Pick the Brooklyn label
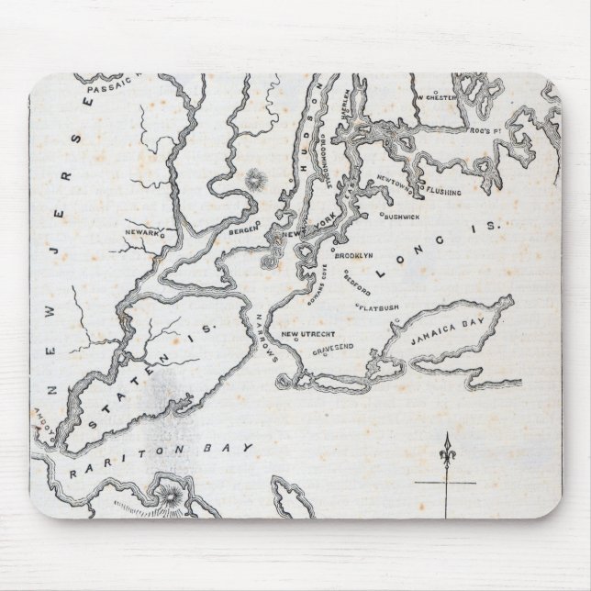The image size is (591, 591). pos(353,256)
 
